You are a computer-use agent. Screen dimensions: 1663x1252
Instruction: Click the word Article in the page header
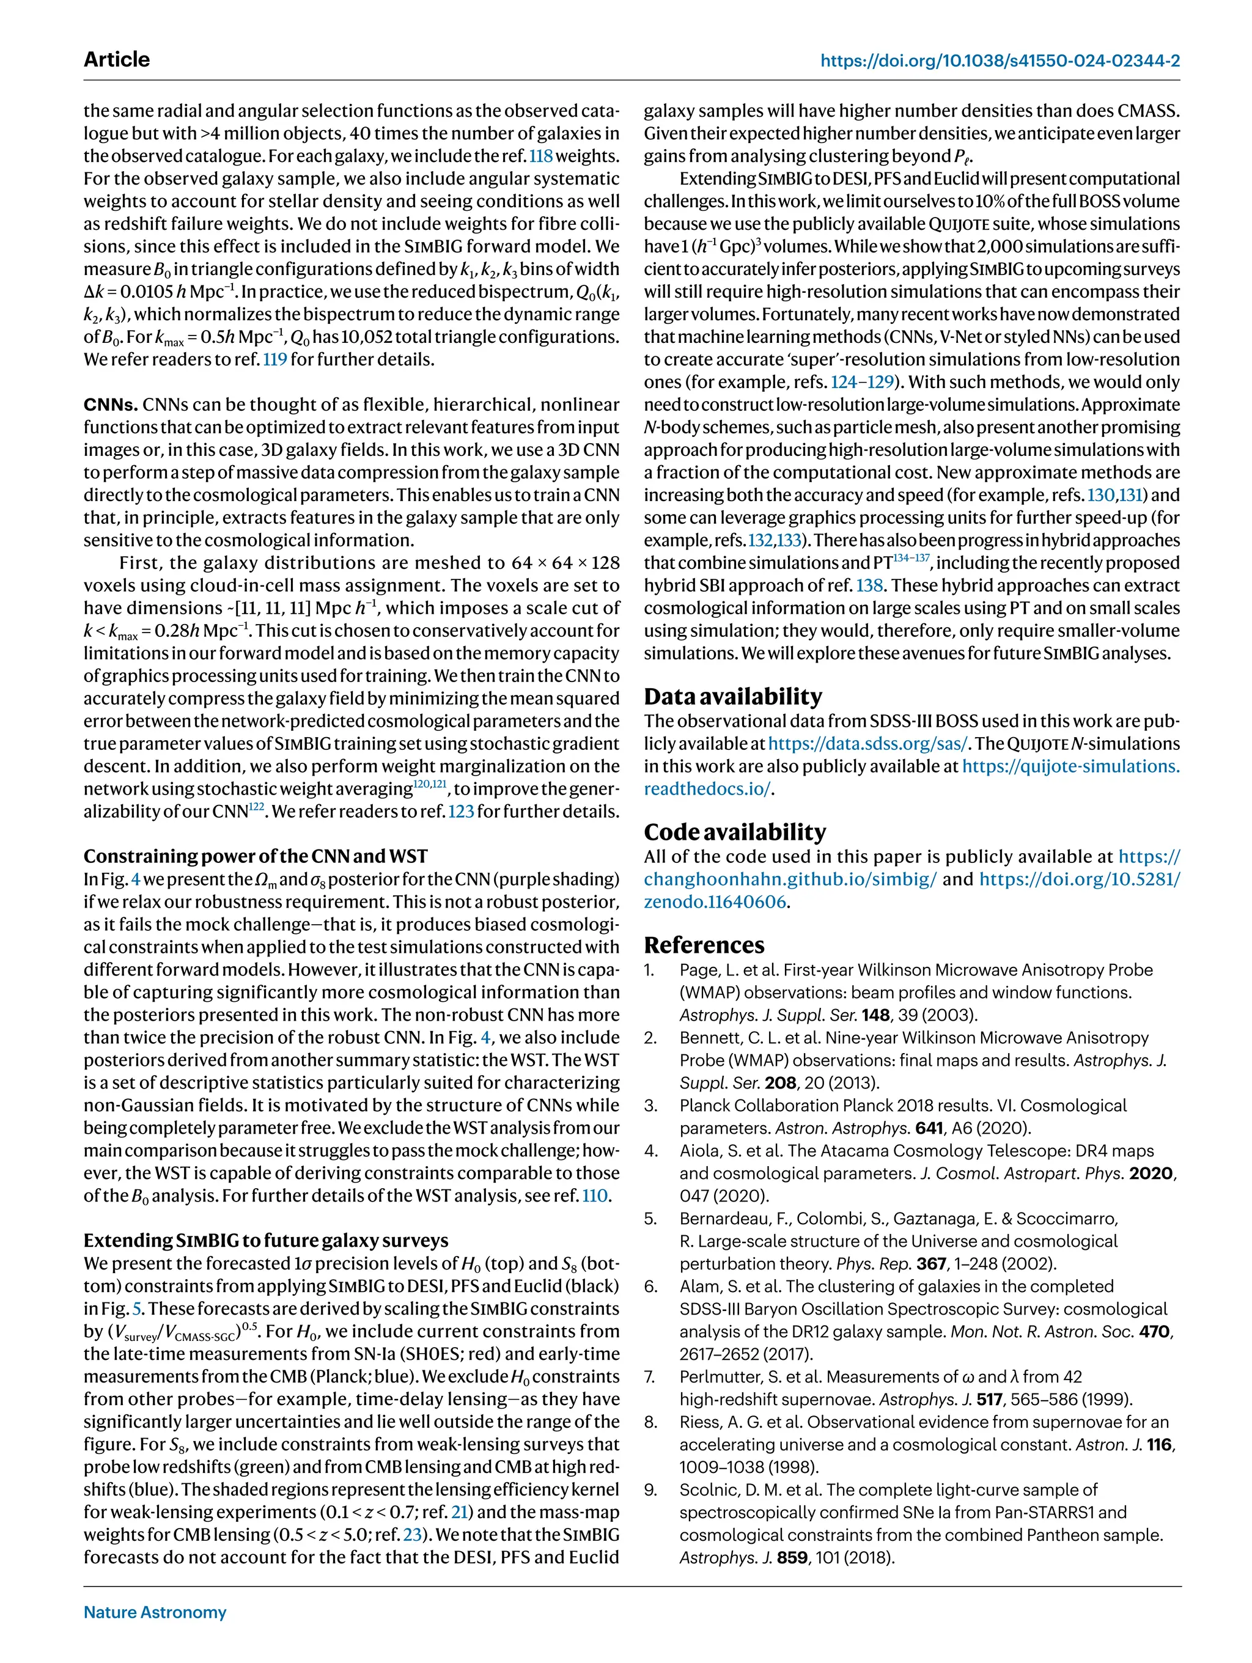(117, 59)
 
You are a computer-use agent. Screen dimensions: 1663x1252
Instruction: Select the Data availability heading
(732, 696)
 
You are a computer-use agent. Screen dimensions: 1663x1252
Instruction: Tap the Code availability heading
(734, 831)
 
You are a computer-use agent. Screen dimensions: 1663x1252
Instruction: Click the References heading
(704, 945)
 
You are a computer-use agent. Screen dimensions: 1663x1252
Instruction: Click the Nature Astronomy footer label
(155, 1612)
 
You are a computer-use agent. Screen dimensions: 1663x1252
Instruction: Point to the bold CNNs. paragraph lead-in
(111, 405)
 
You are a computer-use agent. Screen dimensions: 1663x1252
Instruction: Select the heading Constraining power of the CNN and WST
(255, 856)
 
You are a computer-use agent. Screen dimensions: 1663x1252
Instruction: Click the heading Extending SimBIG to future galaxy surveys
(265, 1241)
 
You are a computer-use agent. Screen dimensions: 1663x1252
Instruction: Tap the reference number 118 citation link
(540, 156)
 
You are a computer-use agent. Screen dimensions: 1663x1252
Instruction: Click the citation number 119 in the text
(274, 359)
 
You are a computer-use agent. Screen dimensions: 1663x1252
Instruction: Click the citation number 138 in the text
(869, 586)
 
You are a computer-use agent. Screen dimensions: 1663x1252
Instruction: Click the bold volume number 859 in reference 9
(792, 1558)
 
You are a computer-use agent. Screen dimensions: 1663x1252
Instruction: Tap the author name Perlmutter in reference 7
(720, 1376)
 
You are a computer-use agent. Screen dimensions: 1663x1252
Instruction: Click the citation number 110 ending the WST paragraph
(595, 1195)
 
